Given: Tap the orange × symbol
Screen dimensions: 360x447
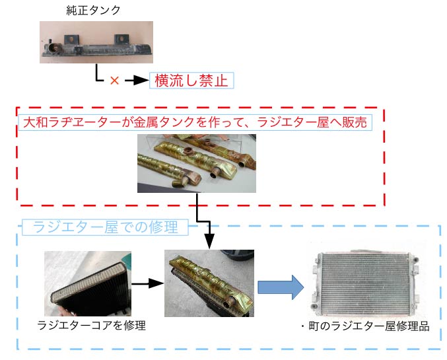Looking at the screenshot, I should (x=114, y=81).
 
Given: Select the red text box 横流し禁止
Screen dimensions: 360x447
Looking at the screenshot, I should (x=191, y=81).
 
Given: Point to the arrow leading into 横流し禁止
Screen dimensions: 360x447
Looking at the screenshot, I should (x=135, y=81).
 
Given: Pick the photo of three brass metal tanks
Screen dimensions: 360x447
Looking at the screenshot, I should (x=196, y=162).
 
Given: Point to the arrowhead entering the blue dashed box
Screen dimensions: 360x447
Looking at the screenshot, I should (x=209, y=243).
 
